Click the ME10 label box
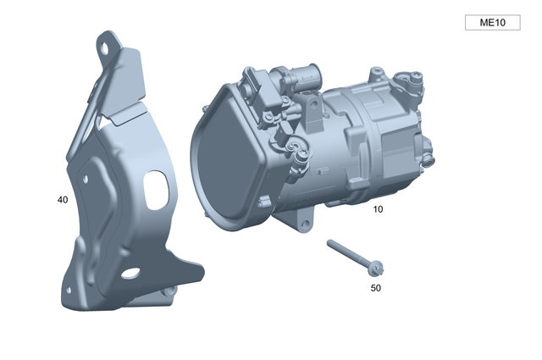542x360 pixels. tap(492, 23)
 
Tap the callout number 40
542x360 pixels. tap(62, 200)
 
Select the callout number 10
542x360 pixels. tap(378, 208)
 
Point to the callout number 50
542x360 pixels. tap(376, 288)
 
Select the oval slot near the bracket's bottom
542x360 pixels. tap(130, 274)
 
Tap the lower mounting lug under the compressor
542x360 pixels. tap(302, 222)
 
